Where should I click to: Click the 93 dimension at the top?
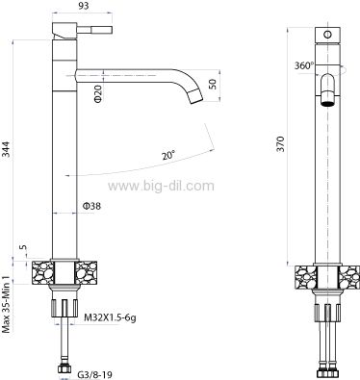click(x=83, y=6)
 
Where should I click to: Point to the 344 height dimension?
click(x=7, y=149)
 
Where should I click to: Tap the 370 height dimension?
click(x=280, y=144)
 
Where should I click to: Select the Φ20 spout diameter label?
click(x=98, y=93)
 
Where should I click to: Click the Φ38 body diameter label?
click(x=91, y=206)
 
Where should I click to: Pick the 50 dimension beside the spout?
click(x=213, y=84)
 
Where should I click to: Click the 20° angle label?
click(x=168, y=156)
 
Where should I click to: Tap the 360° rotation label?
click(x=304, y=65)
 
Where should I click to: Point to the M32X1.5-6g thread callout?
click(x=110, y=318)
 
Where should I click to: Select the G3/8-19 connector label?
click(x=95, y=374)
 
